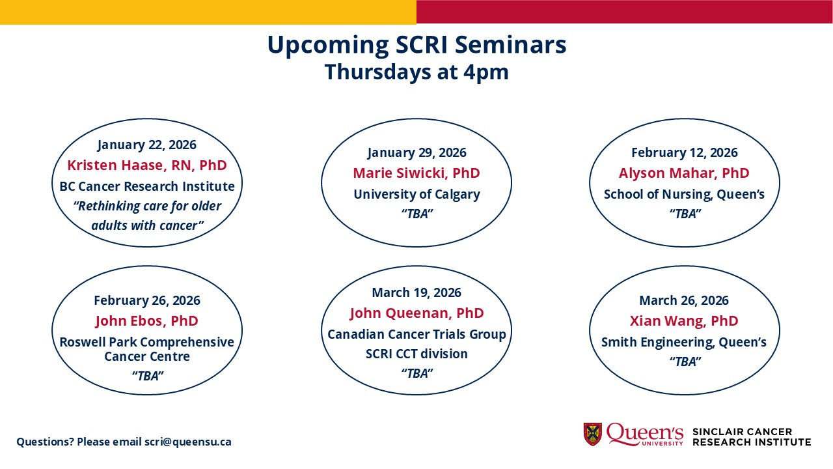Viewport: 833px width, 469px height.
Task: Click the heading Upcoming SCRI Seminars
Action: (416, 46)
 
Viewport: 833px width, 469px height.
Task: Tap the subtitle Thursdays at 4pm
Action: (416, 72)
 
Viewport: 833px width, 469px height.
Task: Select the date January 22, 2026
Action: (147, 145)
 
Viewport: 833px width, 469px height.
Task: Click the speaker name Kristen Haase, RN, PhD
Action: (147, 165)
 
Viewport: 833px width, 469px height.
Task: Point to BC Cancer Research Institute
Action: (147, 186)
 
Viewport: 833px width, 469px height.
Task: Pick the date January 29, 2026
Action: (416, 152)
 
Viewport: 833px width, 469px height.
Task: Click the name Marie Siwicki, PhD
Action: (416, 173)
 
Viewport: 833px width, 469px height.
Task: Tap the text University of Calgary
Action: (416, 194)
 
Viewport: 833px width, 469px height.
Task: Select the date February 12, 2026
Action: (684, 152)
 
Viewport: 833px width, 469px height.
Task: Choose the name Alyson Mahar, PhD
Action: (684, 173)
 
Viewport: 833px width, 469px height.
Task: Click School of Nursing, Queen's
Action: (684, 194)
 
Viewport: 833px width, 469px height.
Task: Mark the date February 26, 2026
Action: (147, 300)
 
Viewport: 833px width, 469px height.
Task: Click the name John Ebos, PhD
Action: (147, 320)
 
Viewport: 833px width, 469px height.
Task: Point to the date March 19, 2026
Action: (416, 292)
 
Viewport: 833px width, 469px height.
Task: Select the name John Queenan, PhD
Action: (416, 313)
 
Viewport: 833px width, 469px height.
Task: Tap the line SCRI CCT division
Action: (416, 354)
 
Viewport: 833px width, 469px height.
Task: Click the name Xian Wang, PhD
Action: (684, 320)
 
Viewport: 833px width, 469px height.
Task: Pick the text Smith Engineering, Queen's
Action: (684, 342)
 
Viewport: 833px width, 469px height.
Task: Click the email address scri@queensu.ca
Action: (188, 442)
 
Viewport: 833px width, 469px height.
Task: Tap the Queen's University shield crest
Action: (593, 434)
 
